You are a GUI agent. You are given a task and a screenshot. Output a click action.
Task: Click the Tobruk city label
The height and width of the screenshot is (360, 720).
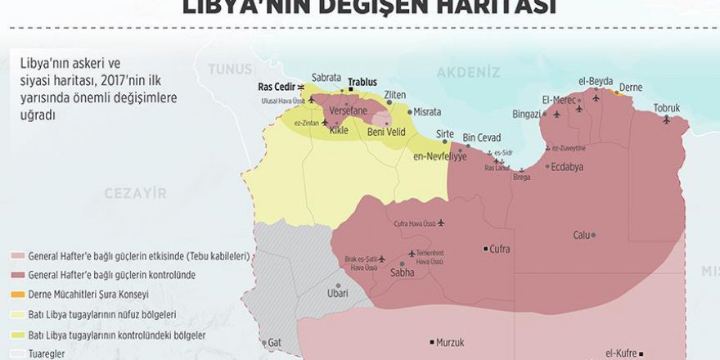point(666,108)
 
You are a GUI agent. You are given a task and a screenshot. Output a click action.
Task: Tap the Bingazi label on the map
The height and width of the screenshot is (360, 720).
point(526,113)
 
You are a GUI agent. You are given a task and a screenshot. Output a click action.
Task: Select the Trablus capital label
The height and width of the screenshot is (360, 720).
point(362,82)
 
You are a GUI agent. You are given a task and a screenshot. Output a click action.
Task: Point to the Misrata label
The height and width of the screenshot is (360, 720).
point(427,111)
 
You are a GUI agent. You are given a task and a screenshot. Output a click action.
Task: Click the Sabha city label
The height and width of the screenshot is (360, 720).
point(403,272)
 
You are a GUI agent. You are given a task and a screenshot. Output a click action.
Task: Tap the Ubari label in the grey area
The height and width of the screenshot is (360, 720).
point(338,293)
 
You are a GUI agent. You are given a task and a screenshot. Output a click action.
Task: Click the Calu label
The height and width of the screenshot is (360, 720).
point(581,235)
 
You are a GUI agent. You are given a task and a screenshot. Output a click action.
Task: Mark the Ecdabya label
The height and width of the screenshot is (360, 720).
point(568,166)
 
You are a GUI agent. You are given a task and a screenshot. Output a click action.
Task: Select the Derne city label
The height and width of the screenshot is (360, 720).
point(631,87)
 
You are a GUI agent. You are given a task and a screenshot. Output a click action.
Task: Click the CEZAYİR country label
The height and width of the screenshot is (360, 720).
point(135,193)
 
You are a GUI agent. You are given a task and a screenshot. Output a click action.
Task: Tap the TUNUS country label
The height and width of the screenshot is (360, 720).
point(230,70)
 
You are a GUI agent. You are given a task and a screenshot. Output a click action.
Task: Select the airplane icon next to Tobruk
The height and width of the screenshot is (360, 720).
point(666,120)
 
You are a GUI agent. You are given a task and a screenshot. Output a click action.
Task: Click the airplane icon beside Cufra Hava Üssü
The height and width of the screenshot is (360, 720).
point(442,223)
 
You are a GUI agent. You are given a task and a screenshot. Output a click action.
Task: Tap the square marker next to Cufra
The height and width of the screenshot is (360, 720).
point(485,249)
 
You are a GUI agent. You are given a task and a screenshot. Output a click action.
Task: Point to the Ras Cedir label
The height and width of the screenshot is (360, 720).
point(276,86)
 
